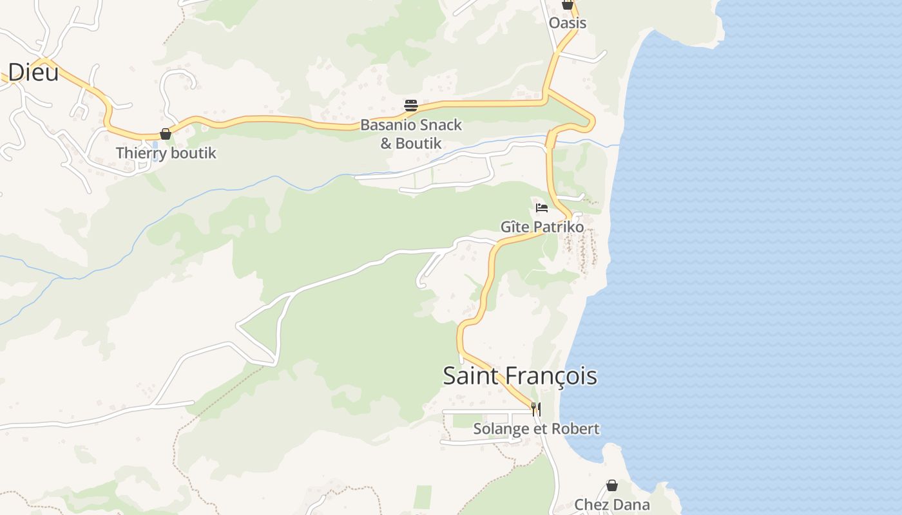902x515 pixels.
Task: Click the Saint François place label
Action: (x=519, y=376)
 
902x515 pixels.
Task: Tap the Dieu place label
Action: (x=33, y=71)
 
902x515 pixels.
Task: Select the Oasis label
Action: (x=568, y=23)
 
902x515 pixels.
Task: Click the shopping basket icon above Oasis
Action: (x=567, y=5)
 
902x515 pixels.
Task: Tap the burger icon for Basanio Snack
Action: (x=411, y=106)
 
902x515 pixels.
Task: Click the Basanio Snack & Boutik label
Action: (x=411, y=134)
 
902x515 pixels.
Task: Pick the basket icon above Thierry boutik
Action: (x=166, y=134)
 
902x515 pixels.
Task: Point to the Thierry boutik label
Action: (x=166, y=153)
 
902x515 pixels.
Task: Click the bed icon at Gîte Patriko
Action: (x=542, y=208)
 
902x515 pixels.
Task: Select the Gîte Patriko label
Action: (x=542, y=227)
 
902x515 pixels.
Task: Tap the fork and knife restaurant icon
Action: (x=535, y=409)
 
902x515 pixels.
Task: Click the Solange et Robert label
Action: (x=536, y=429)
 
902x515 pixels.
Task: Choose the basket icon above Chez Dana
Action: (x=612, y=485)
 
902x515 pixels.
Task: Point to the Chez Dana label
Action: (x=612, y=505)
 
